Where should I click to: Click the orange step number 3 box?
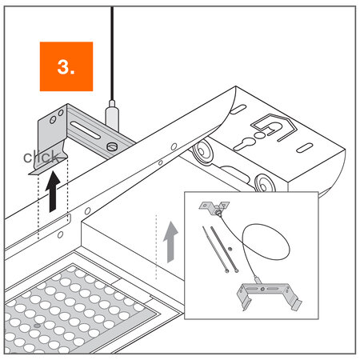[x=66, y=68]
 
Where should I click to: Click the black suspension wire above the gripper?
[x=112, y=48]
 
